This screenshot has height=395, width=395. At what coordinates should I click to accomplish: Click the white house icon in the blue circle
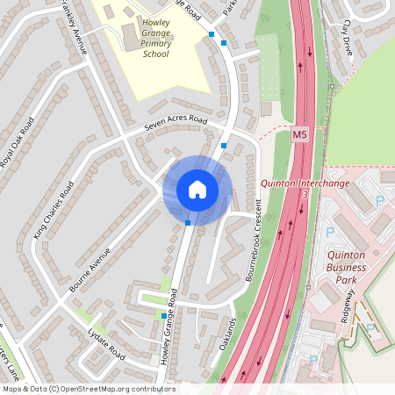[197, 190]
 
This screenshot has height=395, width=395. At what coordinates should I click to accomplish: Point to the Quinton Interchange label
[305, 183]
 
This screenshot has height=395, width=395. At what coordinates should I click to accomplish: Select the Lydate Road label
[107, 345]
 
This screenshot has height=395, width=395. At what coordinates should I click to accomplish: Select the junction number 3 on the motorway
[304, 195]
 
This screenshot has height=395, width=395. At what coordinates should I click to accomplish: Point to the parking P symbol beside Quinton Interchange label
[380, 200]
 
